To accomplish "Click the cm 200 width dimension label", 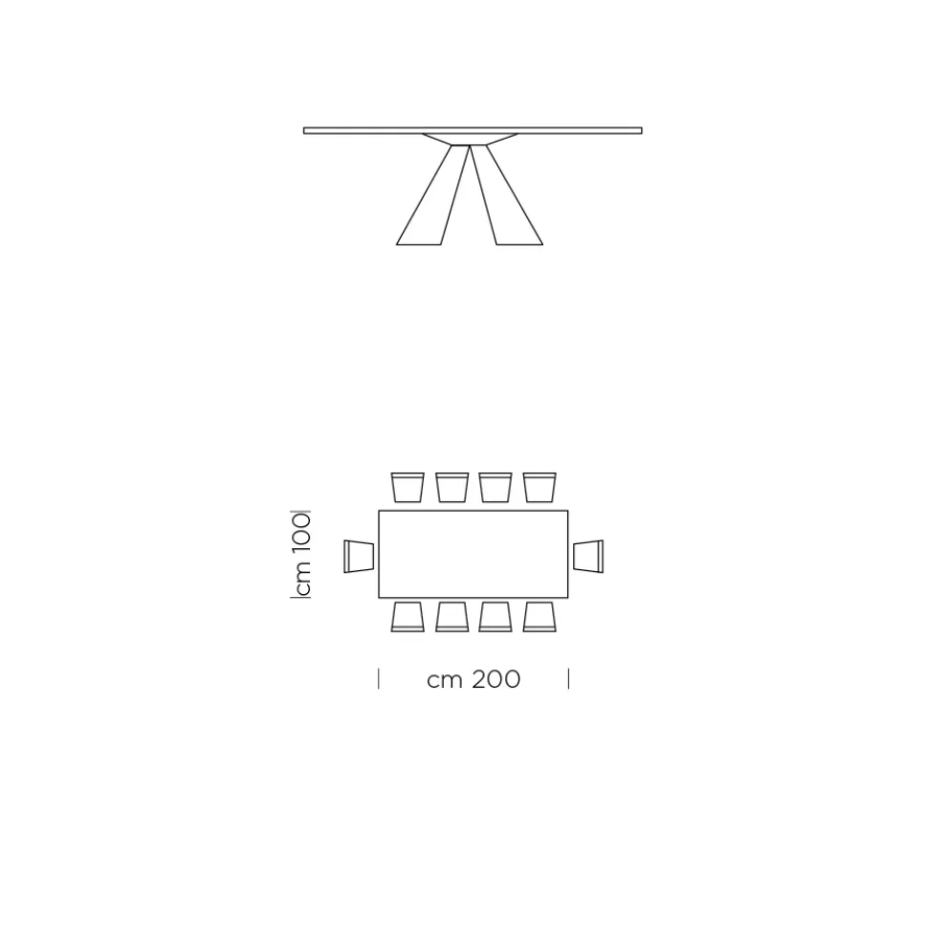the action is coord(473,679).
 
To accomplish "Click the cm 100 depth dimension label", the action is coord(300,555).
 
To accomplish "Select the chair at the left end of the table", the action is coord(359,556).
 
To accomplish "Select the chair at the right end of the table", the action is coord(588,556).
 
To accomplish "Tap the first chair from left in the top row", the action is coord(407,488).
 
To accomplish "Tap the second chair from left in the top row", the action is coord(452,488).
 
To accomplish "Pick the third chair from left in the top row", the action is coord(496,488).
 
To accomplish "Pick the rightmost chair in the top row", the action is coord(540,488).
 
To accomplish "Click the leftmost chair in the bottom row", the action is coord(407,617).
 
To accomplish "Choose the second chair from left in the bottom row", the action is coord(452,617).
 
